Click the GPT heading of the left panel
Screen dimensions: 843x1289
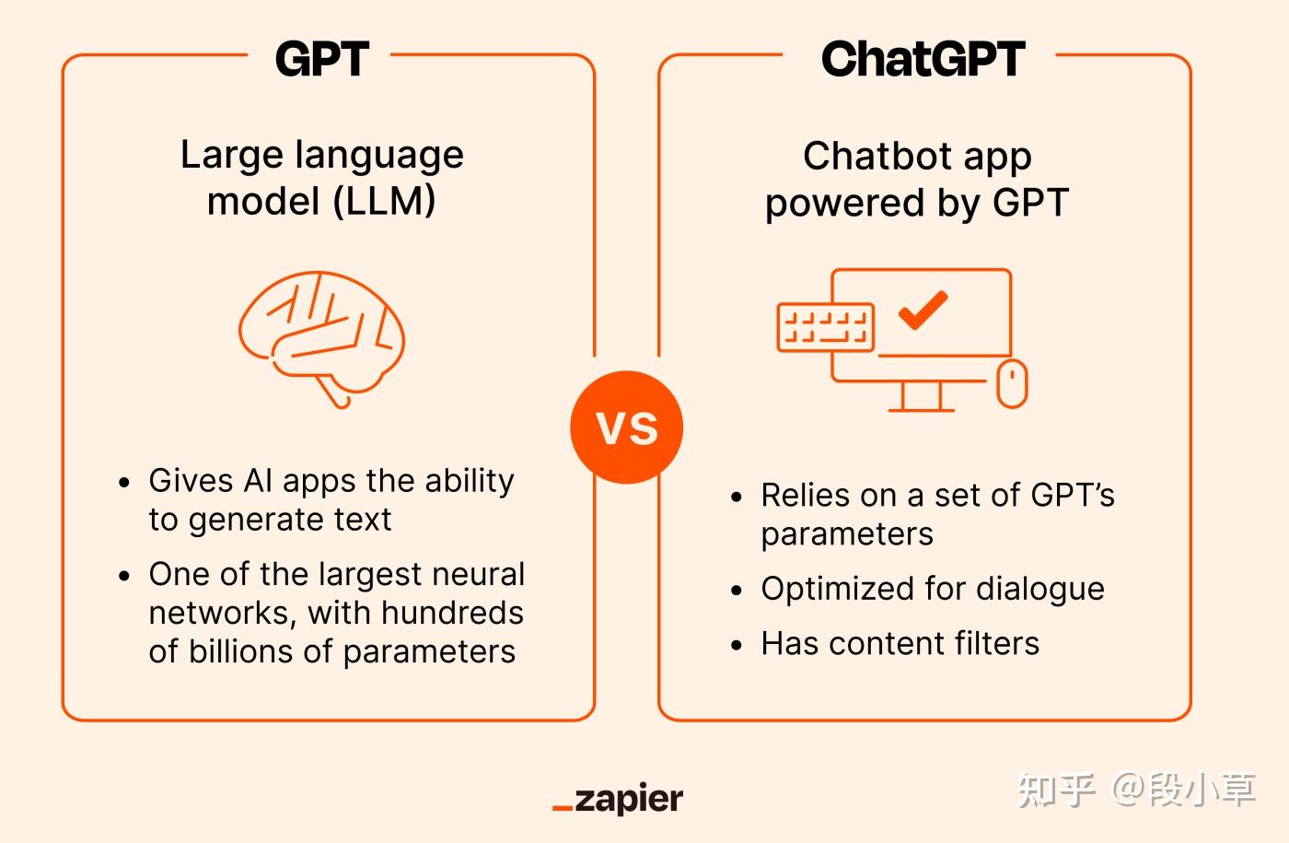pos(321,60)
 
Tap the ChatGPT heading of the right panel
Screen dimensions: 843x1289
pos(923,60)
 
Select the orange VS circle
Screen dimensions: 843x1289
pos(627,427)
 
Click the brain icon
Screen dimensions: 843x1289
pos(321,334)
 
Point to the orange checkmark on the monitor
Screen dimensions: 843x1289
pos(923,310)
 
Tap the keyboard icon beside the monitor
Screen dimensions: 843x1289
pos(826,327)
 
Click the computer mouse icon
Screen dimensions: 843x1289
pos(1012,383)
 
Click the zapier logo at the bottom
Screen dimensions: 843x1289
pos(619,799)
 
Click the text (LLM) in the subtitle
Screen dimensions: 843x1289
pos(385,201)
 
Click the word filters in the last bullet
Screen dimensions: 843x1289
pos(997,643)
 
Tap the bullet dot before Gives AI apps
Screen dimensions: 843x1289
pos(125,483)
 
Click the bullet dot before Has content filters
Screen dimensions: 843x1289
pos(737,645)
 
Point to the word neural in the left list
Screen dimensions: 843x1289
pos(481,574)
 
